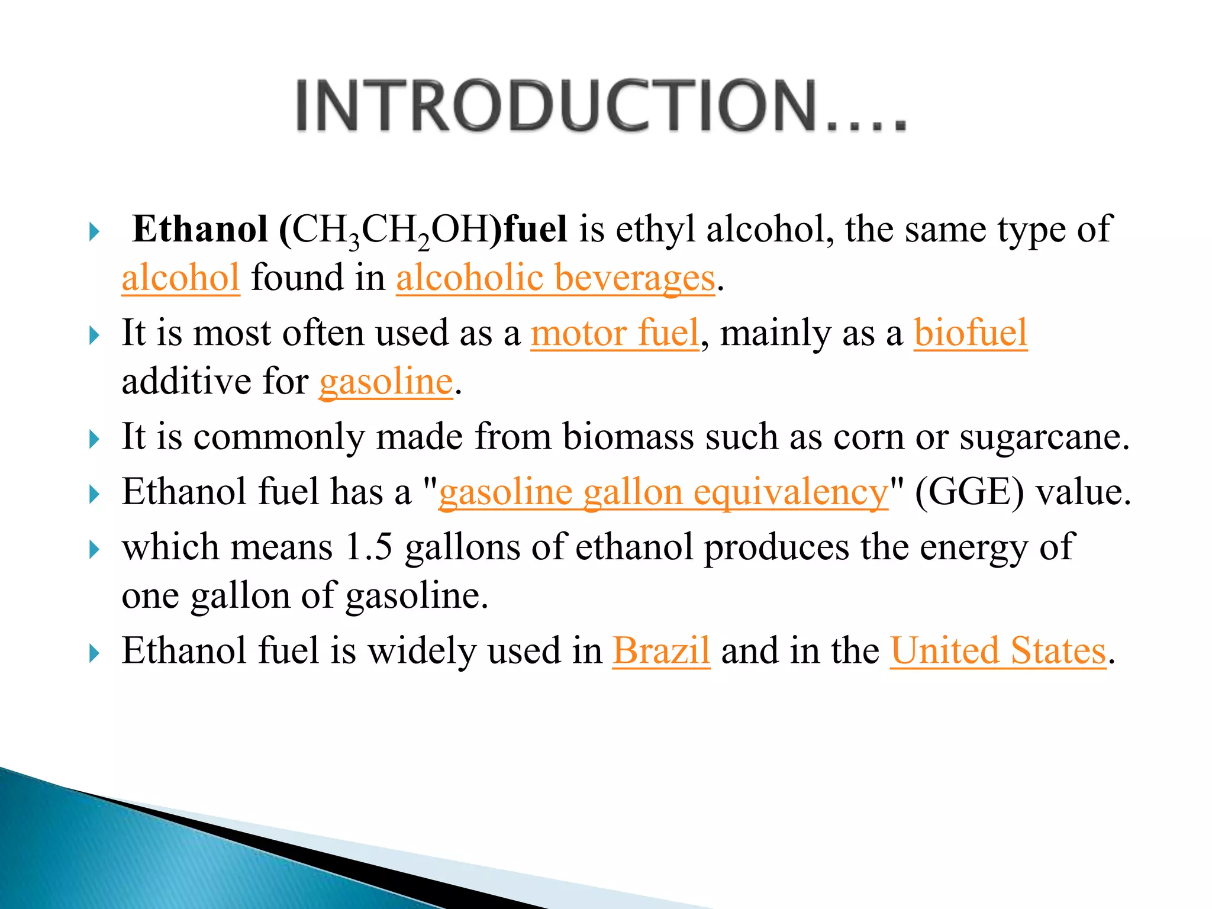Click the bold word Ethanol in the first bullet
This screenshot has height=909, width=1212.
tap(200, 229)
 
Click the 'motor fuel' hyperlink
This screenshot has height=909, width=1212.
tap(614, 333)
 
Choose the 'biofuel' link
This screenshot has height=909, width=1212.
tap(970, 333)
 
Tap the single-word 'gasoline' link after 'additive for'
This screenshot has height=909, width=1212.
tap(386, 382)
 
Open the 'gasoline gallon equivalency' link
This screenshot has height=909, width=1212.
tap(663, 492)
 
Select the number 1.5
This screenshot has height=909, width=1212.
tap(369, 547)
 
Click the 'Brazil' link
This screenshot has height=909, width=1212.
tap(660, 650)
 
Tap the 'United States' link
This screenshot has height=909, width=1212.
tap(998, 650)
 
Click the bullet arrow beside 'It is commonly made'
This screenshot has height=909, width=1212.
tap(94, 440)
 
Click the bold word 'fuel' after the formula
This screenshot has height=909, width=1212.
tap(535, 229)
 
